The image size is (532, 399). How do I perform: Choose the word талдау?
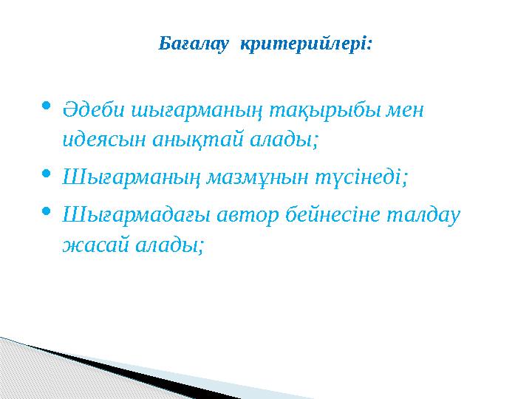(x=428, y=215)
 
